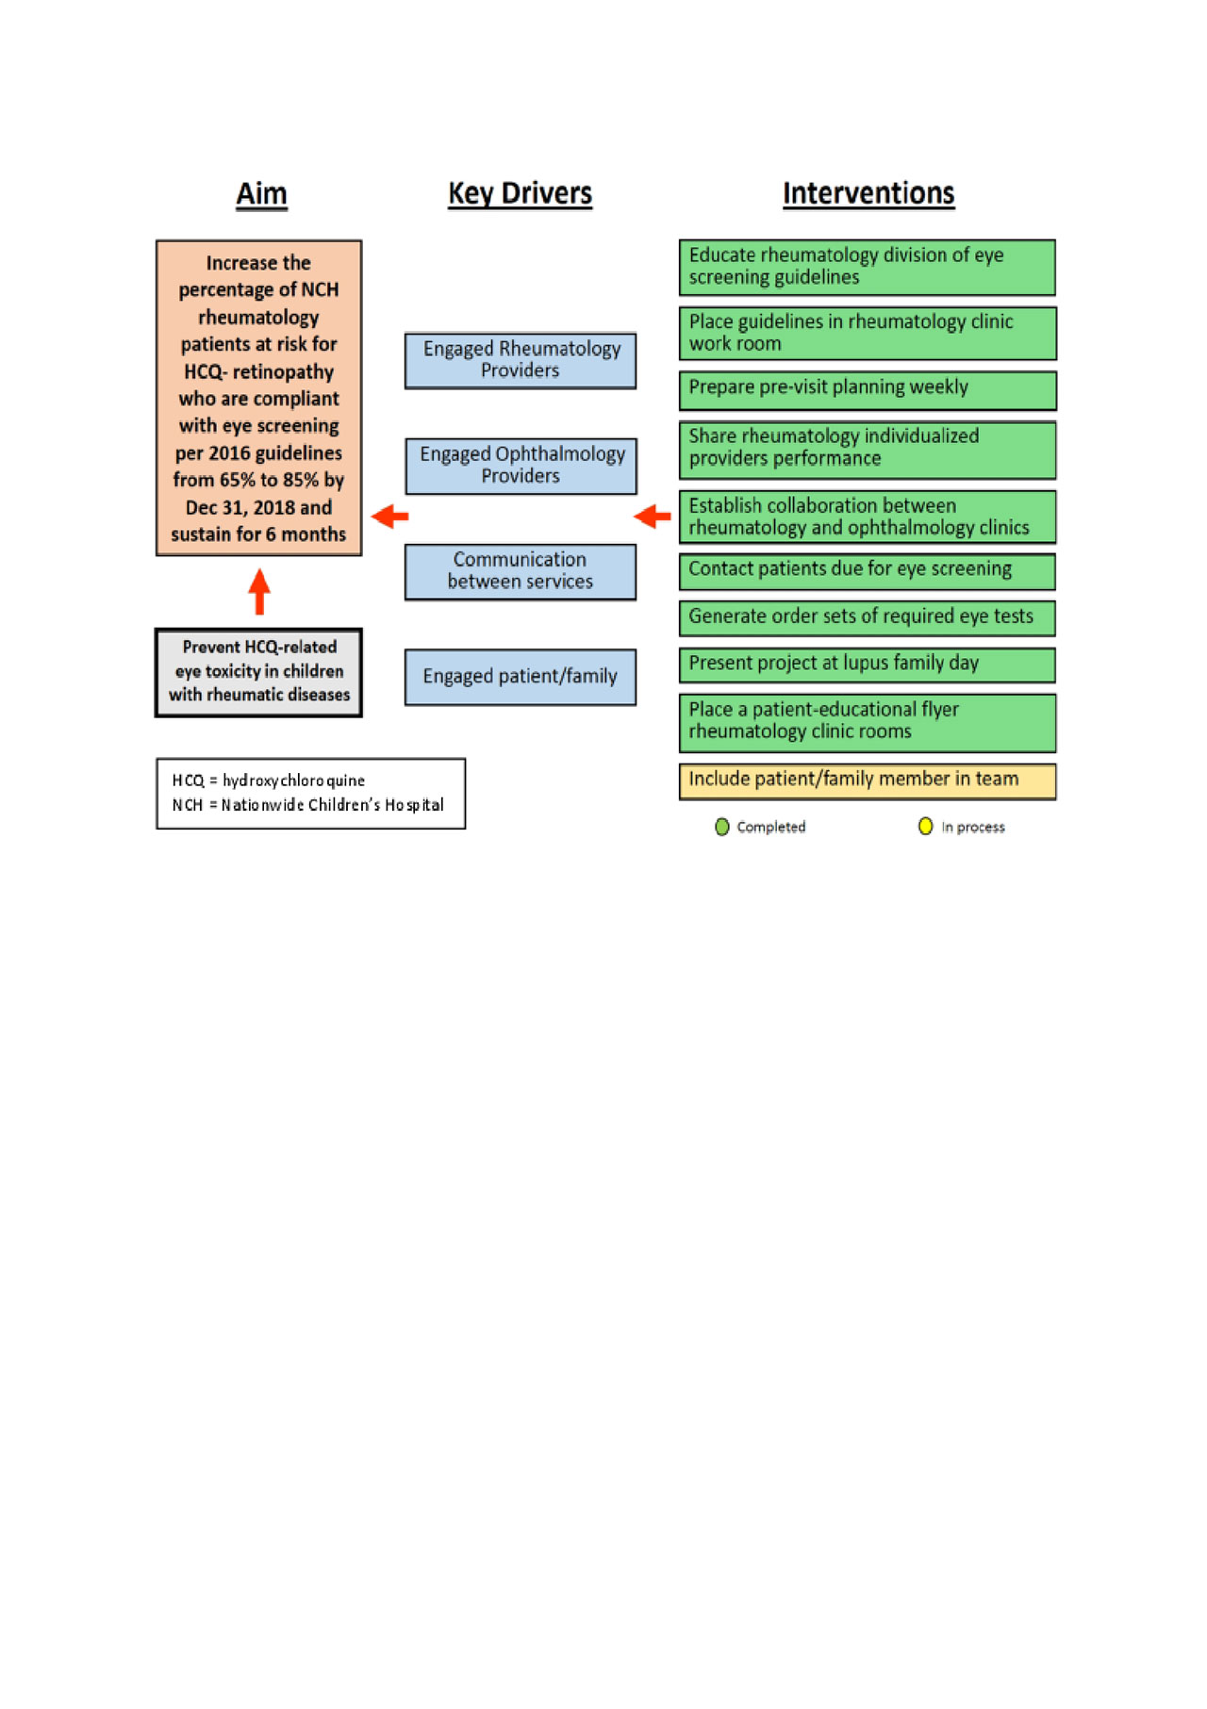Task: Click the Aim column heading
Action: click(x=261, y=193)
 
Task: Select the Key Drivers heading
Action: click(x=520, y=193)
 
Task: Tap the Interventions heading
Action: click(x=868, y=193)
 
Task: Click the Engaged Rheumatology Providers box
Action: click(x=521, y=360)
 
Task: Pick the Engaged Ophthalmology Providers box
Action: click(x=521, y=466)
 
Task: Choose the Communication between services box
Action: click(x=521, y=571)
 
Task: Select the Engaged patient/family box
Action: click(x=521, y=677)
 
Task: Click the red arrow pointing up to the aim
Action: click(x=259, y=591)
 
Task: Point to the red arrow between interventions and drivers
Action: click(x=653, y=516)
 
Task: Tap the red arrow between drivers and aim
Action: click(x=389, y=516)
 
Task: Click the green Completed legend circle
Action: click(x=722, y=827)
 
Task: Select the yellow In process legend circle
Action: click(x=925, y=827)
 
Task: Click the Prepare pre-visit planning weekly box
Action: click(x=867, y=389)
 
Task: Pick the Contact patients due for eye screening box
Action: click(x=867, y=570)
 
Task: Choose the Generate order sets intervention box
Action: click(x=867, y=617)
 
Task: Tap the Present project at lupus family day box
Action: click(x=867, y=664)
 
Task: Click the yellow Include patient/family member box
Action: click(x=867, y=781)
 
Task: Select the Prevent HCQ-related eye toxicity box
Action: click(x=258, y=672)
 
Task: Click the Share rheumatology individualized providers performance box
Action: click(x=867, y=449)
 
